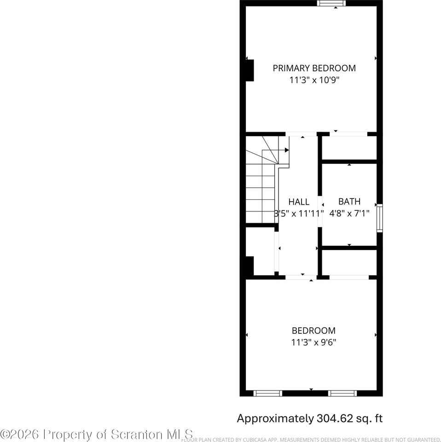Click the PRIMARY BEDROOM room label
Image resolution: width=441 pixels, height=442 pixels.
(314, 68)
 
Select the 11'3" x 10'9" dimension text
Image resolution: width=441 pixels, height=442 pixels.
(314, 80)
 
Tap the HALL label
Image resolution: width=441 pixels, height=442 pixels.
(299, 202)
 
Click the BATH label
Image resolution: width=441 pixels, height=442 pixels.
(349, 202)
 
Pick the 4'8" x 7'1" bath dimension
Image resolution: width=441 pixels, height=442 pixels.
(349, 214)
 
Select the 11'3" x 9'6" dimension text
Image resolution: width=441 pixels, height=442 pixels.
(313, 343)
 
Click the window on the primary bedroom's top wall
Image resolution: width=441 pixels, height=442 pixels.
(331, 4)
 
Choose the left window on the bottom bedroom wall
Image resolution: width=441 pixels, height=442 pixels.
(268, 393)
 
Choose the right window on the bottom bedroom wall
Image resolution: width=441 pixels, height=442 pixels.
(342, 393)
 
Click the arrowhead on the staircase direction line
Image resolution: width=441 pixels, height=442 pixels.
(287, 150)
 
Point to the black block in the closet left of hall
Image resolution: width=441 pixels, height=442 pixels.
(249, 267)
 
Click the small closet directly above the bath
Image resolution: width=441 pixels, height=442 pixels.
(349, 147)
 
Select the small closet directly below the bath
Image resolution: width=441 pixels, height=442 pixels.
(349, 262)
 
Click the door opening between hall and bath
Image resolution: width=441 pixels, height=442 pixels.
(319, 211)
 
